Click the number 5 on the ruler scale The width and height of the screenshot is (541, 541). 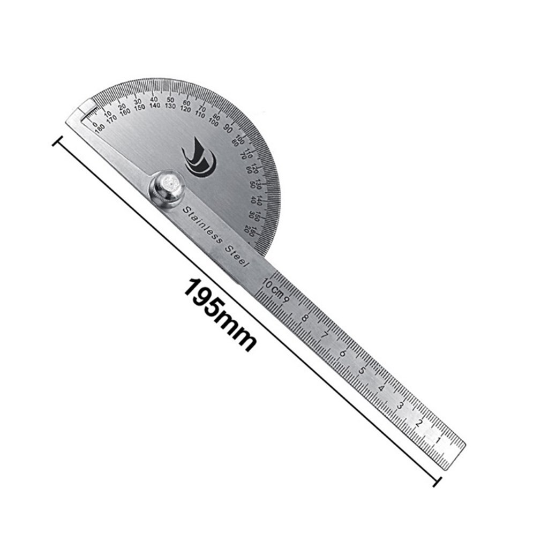[362, 371]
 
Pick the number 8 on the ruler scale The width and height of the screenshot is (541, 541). [305, 318]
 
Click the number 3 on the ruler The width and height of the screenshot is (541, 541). [400, 405]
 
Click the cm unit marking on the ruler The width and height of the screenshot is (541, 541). [276, 291]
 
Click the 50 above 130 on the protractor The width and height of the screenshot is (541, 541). [170, 100]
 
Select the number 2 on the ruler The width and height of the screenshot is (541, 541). [419, 423]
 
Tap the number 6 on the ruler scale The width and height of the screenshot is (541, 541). [343, 353]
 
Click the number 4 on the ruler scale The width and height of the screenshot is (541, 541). [381, 388]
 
